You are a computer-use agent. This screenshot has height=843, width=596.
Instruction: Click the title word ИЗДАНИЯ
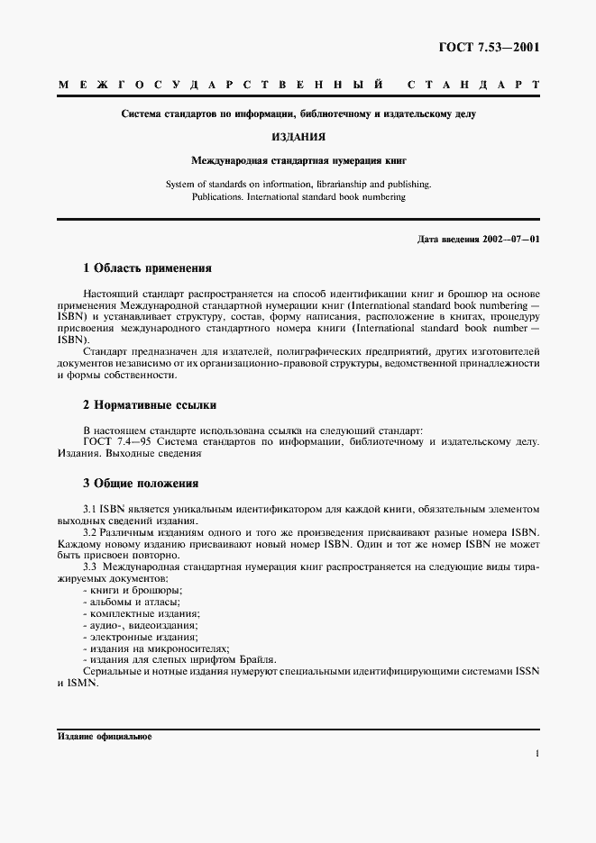[x=298, y=137]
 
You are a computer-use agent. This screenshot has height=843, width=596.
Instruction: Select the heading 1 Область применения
[x=147, y=267]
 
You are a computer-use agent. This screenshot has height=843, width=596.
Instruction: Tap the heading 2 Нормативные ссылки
[x=149, y=405]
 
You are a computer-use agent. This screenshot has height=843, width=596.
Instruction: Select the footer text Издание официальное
[x=105, y=736]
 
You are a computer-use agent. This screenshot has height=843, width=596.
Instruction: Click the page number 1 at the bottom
[x=536, y=755]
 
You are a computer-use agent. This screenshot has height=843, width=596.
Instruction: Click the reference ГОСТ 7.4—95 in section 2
[x=115, y=441]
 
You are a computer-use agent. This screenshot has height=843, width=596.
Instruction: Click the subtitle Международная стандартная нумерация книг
[x=298, y=160]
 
